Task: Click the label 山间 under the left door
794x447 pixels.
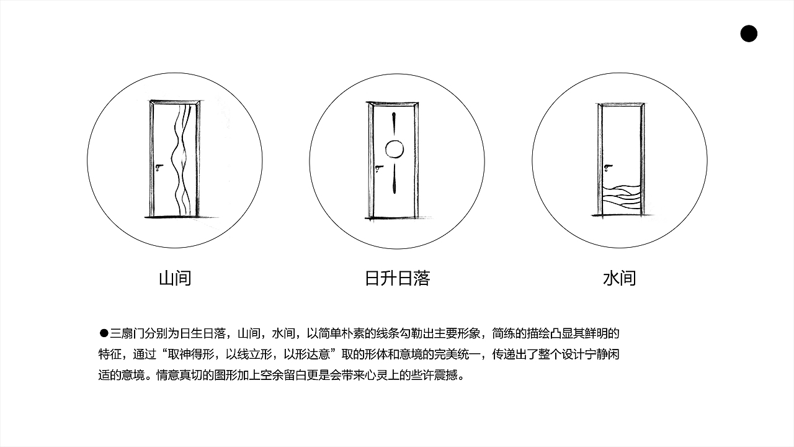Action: coord(175,278)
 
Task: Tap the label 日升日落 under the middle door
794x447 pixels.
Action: coord(397,278)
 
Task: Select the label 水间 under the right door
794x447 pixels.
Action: coord(619,278)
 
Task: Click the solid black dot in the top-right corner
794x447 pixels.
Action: coord(749,34)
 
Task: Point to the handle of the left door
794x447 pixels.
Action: coord(159,166)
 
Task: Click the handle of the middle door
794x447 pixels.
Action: coord(380,167)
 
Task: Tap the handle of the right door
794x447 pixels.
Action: coord(609,167)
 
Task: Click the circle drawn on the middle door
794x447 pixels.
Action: coord(395,149)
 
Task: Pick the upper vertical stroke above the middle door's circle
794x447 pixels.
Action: coord(395,124)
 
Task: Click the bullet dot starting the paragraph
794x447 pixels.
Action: coord(104,333)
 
